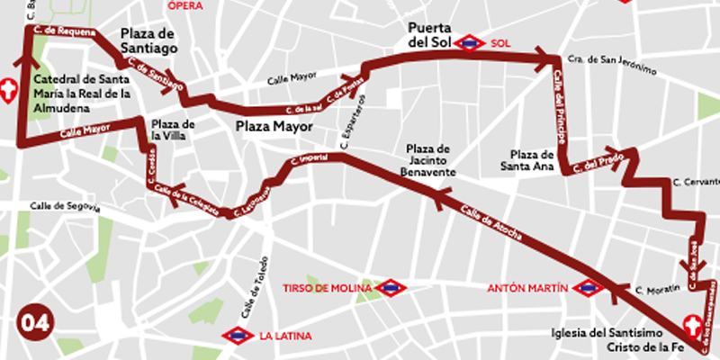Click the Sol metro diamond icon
(x=470, y=42)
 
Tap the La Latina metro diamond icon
(x=237, y=336)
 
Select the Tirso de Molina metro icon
(x=391, y=288)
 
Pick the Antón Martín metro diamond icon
(x=589, y=288)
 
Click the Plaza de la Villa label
(x=175, y=130)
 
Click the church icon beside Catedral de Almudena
(x=10, y=91)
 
